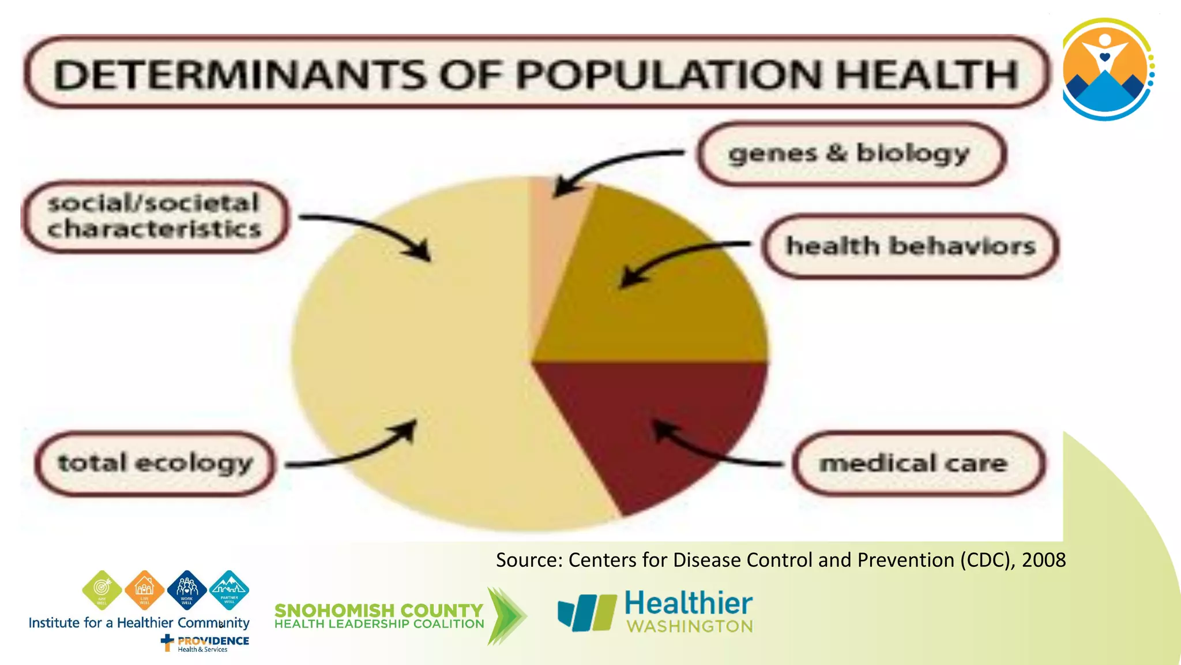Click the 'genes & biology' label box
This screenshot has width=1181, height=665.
click(851, 154)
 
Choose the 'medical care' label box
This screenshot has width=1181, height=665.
click(917, 463)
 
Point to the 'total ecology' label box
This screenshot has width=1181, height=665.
click(155, 464)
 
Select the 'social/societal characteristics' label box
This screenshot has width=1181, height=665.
click(155, 216)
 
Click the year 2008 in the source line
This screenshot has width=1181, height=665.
click(1044, 560)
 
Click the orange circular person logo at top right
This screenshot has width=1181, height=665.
click(1106, 69)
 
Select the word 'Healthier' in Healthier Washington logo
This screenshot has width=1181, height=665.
click(689, 604)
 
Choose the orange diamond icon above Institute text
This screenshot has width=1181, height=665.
click(144, 590)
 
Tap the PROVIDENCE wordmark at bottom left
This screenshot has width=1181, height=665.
click(213, 641)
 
